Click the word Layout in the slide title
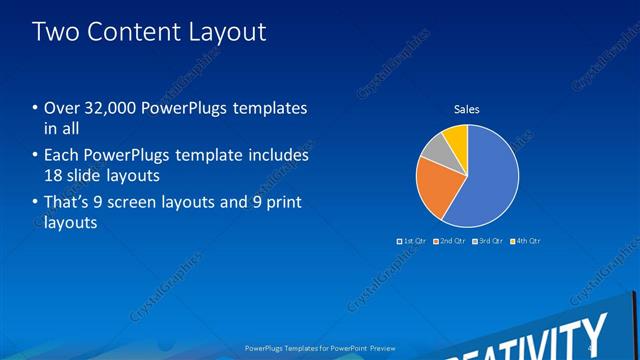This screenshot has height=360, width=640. pos(225,32)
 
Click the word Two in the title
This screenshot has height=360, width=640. pos(55,32)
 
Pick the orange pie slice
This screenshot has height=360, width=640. pos(437,185)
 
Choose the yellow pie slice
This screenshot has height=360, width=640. pos(456,136)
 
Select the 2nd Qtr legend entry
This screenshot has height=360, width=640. pos(449,241)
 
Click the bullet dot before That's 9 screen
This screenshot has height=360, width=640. pos(36,204)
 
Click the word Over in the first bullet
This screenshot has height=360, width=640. pos(62,108)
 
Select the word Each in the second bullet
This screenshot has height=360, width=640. pos(62,156)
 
